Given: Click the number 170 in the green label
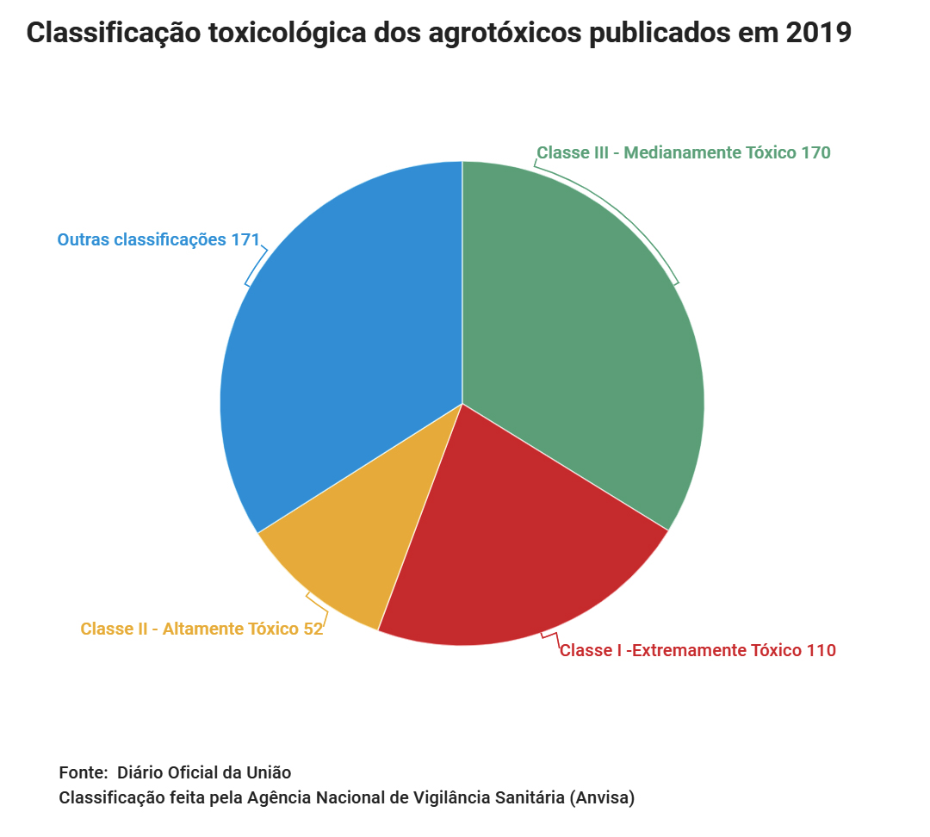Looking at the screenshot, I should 815,153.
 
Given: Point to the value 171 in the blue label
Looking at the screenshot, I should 245,240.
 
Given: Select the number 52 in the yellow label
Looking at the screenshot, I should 313,629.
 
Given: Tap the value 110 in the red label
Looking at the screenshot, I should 821,651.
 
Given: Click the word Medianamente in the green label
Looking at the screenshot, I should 680,153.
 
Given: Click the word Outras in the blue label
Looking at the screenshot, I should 84,240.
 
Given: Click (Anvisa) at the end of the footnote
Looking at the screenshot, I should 602,798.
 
